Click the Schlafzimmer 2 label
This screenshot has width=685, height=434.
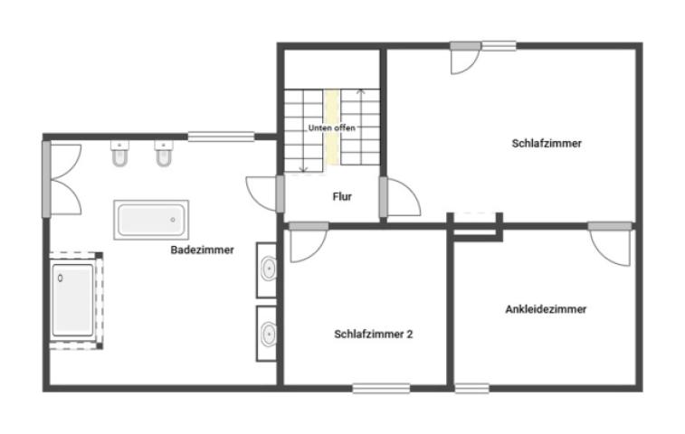pos(373,334)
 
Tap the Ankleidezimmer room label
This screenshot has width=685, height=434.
pos(546,309)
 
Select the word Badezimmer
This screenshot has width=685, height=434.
pos(202,250)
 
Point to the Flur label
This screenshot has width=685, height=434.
pos(342,196)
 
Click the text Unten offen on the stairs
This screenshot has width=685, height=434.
pos(331,128)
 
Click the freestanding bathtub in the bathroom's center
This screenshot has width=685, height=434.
pos(151,219)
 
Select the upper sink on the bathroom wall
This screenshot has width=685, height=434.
pos(269,269)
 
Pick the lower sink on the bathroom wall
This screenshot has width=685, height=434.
pos(269,333)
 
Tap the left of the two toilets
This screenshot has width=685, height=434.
pos(119,157)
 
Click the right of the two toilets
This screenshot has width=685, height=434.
pos(164,157)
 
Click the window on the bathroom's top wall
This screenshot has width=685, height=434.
pos(215,137)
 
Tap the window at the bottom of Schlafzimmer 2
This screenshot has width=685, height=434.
pos(381,389)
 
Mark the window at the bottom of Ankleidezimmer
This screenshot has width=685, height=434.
pos(471,389)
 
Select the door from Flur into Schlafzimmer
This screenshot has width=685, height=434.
pos(399,197)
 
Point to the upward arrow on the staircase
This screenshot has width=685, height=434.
pos(362,92)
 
